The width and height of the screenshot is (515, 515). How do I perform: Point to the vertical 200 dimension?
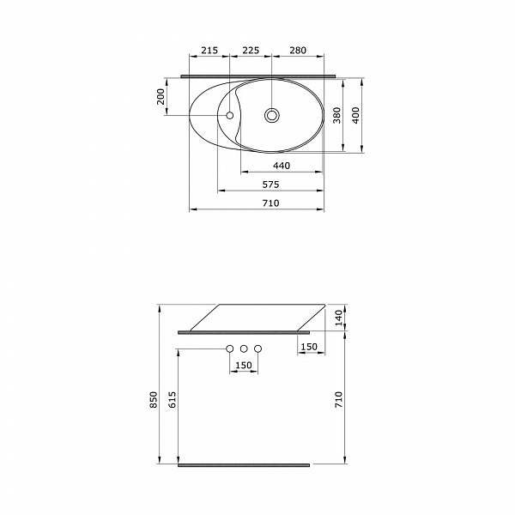(x=161, y=97)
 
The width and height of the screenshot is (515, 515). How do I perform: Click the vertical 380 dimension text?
(x=336, y=116)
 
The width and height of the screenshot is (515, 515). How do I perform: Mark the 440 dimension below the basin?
(x=282, y=166)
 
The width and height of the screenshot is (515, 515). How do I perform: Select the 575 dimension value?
(x=271, y=185)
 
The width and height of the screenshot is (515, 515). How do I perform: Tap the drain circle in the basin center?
(x=272, y=114)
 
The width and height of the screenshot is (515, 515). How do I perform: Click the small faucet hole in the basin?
(x=229, y=114)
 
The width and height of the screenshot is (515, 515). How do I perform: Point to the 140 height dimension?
(x=339, y=318)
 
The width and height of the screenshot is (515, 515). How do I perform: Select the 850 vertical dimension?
(x=154, y=400)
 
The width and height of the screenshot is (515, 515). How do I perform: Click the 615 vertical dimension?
(x=171, y=400)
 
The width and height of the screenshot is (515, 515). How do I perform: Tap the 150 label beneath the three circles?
(x=244, y=367)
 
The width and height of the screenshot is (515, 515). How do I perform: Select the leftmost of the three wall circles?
(x=229, y=349)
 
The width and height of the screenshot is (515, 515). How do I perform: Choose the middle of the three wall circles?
(x=244, y=349)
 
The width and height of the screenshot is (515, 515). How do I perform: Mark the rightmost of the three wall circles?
(x=257, y=349)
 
